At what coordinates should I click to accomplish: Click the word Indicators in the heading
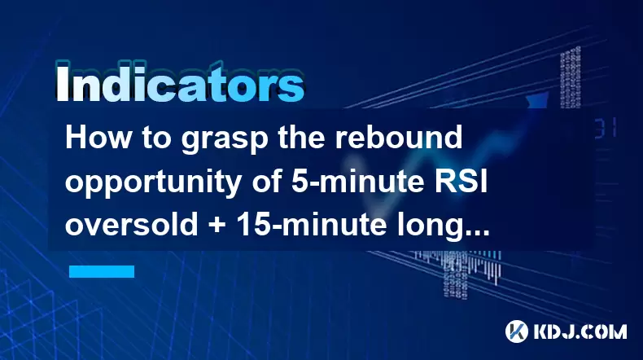click(179, 83)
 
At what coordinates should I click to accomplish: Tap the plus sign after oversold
click(217, 226)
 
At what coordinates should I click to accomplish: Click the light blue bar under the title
click(102, 271)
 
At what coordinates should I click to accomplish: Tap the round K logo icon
click(517, 331)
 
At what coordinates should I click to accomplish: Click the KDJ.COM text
click(580, 331)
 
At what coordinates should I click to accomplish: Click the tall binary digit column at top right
click(571, 77)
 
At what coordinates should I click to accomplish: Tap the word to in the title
click(156, 138)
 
